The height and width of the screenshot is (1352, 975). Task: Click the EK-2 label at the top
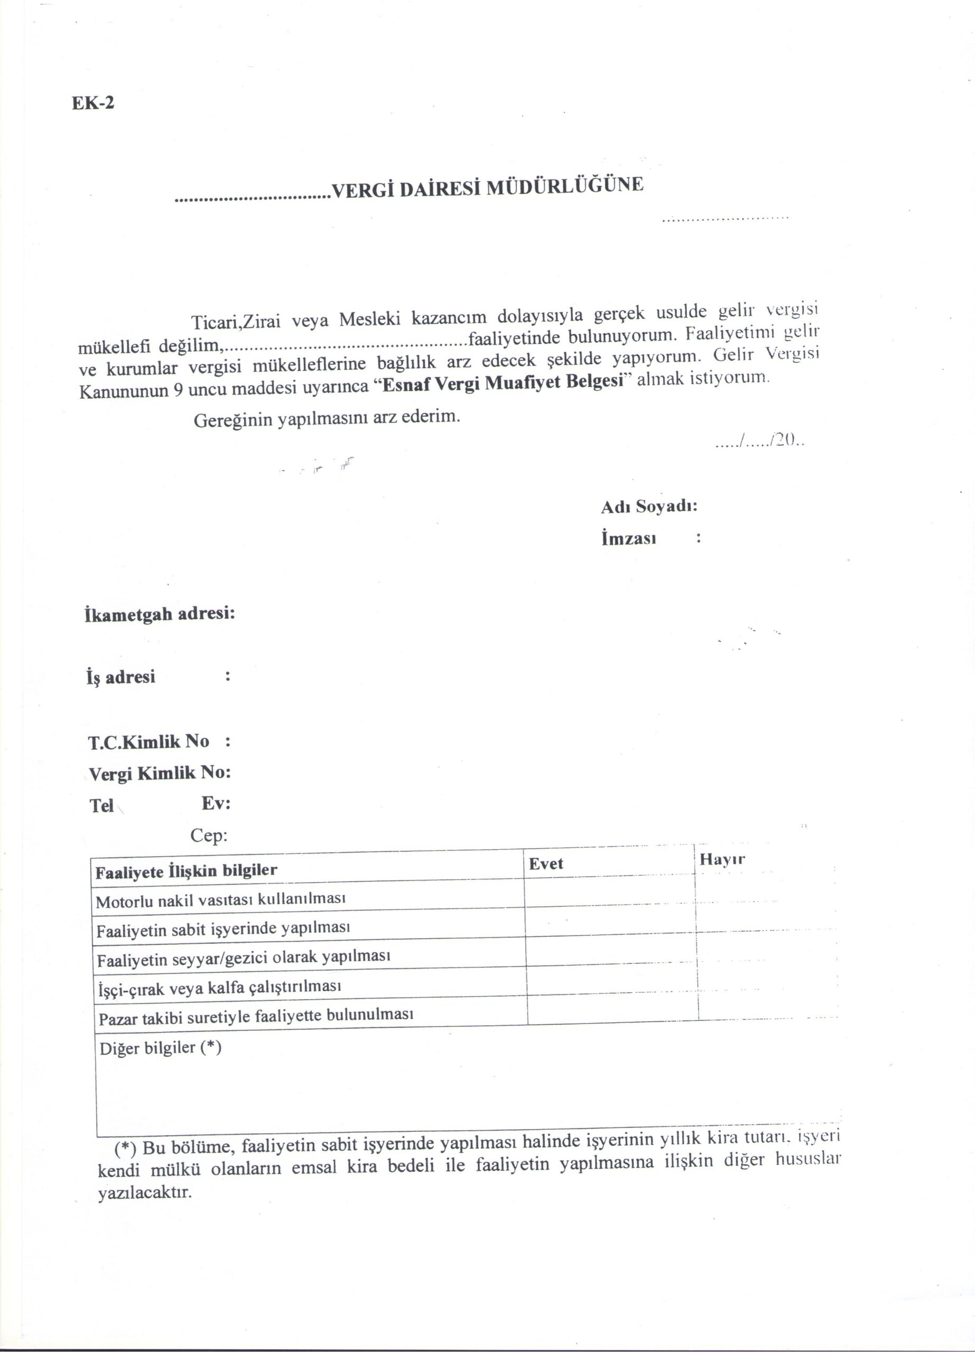pyautogui.click(x=93, y=103)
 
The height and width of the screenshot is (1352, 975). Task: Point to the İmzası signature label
pyautogui.click(x=628, y=539)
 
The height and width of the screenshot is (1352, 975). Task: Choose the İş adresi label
pyautogui.click(x=121, y=677)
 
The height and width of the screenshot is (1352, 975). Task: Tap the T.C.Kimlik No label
pyautogui.click(x=149, y=742)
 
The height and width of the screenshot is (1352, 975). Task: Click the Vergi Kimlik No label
pyautogui.click(x=159, y=773)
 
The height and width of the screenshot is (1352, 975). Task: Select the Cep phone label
pyautogui.click(x=209, y=836)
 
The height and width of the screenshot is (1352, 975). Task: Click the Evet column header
pyautogui.click(x=546, y=864)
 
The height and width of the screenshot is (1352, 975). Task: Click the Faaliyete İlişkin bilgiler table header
pyautogui.click(x=186, y=871)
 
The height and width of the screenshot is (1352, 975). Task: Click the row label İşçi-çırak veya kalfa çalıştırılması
pyautogui.click(x=219, y=988)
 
